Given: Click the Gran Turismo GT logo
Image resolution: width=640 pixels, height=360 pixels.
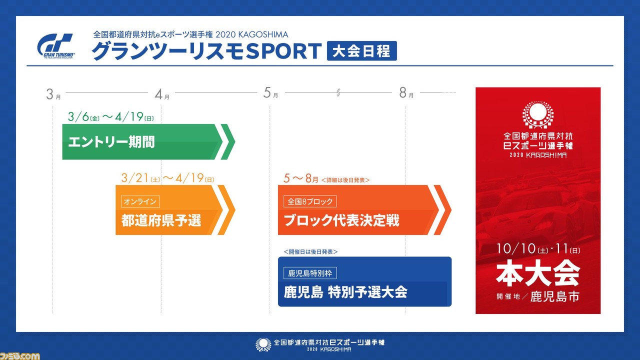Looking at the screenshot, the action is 56,46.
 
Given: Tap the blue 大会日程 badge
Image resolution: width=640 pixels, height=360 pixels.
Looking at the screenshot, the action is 361,51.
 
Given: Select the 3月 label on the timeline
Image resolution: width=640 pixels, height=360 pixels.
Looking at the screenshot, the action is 53,94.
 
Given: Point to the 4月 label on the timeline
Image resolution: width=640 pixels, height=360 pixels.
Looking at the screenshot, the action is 162,94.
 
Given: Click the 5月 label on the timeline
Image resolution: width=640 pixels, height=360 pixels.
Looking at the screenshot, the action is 270,93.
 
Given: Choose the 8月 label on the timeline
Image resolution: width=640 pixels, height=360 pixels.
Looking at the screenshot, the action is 406,93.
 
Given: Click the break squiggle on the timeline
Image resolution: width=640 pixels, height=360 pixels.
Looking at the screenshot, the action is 338,92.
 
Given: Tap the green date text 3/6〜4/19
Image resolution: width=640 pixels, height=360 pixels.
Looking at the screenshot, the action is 111,117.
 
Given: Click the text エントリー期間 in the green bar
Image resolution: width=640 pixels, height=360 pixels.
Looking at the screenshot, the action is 111,142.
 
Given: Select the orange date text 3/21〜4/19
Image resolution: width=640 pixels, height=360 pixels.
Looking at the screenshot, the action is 167,178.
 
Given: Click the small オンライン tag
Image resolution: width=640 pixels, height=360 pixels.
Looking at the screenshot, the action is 140,201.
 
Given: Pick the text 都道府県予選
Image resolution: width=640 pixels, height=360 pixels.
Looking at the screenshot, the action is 161,220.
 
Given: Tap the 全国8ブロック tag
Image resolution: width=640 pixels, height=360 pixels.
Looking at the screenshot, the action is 310,201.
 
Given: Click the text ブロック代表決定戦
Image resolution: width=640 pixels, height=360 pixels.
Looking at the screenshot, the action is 341,220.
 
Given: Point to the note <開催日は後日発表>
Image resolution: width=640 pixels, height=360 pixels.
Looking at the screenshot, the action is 310,251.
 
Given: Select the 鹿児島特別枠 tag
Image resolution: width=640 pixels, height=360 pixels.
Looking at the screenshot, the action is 310,273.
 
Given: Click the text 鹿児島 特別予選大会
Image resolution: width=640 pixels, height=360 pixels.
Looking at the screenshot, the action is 345,292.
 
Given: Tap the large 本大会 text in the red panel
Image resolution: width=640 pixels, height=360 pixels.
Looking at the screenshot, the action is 538,273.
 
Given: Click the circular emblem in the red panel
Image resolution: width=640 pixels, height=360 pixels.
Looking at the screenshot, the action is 538,114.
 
